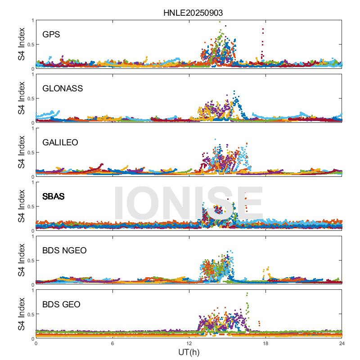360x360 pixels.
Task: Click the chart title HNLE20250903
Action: (193, 13)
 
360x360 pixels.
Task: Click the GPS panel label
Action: (51, 34)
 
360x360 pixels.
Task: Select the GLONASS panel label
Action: (63, 88)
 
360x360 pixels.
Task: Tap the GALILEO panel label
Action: (60, 142)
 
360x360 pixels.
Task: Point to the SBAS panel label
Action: (53, 197)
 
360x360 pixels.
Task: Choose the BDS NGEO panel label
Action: (65, 251)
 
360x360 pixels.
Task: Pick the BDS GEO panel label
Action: (61, 305)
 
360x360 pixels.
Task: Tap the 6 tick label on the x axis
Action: (112, 343)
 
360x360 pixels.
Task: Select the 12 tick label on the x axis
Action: (189, 343)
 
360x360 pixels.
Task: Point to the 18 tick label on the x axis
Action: (265, 343)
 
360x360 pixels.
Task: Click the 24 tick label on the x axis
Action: (342, 343)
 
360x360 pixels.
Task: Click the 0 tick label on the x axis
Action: (36, 343)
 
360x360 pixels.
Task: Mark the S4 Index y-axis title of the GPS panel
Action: (22, 44)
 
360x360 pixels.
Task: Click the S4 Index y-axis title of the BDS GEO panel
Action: (22, 314)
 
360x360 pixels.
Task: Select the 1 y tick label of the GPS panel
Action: (32, 20)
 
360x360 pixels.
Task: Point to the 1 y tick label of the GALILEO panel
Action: (32, 128)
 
